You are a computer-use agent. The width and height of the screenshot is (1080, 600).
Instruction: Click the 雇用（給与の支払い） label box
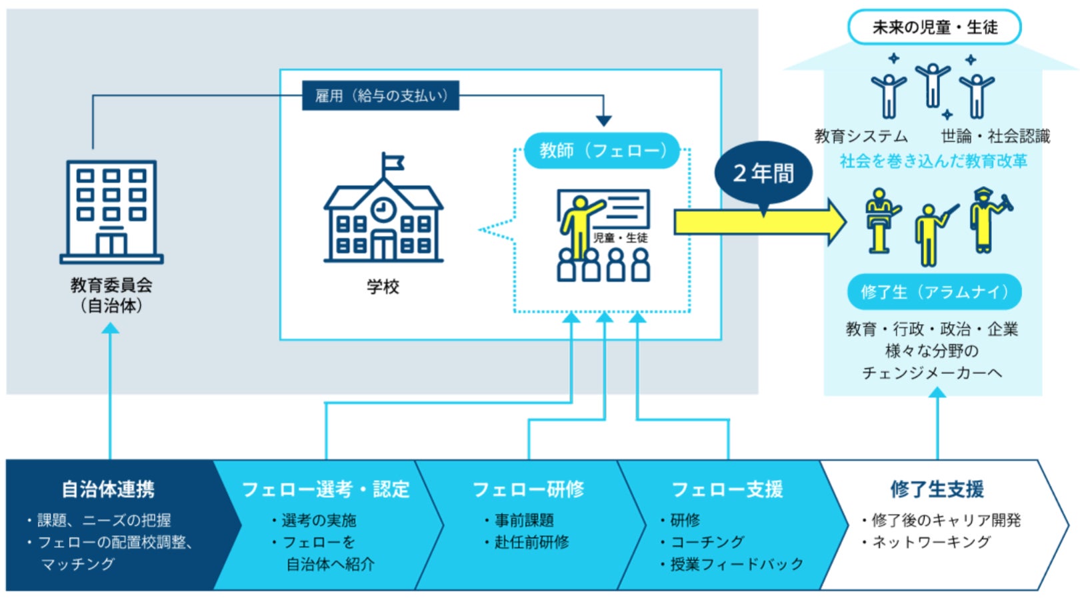click(381, 96)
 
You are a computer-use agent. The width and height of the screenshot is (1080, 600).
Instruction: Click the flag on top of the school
click(393, 162)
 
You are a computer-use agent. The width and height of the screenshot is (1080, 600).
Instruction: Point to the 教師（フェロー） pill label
click(602, 151)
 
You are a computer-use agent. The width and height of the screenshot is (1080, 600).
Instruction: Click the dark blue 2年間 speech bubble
click(763, 174)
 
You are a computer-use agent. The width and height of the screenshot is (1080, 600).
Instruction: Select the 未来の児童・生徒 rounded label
click(934, 27)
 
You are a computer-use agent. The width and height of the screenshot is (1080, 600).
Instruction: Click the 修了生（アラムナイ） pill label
click(934, 292)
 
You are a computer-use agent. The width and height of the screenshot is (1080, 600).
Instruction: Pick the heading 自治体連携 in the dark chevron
click(108, 489)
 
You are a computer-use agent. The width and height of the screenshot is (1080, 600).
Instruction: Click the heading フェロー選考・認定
click(325, 489)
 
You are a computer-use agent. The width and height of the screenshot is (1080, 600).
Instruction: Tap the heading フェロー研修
click(528, 489)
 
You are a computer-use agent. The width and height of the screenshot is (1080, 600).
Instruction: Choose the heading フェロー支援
click(727, 489)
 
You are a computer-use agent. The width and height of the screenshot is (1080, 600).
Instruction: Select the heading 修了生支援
click(937, 489)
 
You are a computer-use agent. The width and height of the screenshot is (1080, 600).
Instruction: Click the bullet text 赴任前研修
click(531, 542)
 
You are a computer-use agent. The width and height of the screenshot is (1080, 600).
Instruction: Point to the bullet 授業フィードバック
click(737, 564)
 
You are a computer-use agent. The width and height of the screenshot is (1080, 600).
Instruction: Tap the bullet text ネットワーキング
click(931, 542)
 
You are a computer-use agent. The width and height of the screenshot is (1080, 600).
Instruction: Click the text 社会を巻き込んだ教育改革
click(933, 161)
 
